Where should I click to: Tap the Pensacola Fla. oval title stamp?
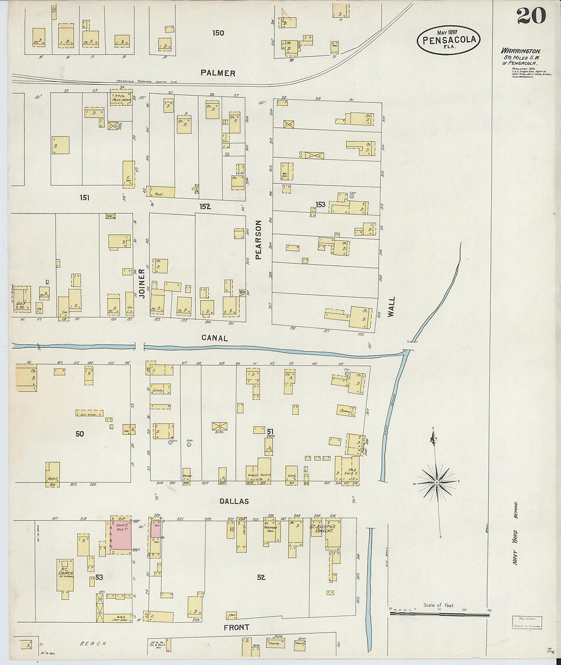point(449,40)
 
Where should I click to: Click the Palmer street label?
point(218,73)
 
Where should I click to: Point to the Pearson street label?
point(258,240)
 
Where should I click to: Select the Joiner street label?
point(142,283)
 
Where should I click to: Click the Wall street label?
point(391,307)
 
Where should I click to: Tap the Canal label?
point(214,338)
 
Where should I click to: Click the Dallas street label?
point(234,501)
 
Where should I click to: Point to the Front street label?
point(236,627)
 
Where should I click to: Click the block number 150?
point(218,33)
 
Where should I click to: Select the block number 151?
point(84,197)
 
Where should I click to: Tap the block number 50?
point(80,434)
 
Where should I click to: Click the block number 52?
point(261,577)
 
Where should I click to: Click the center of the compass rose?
point(437,482)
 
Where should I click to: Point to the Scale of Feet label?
point(438,605)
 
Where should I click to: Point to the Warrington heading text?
point(521,51)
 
